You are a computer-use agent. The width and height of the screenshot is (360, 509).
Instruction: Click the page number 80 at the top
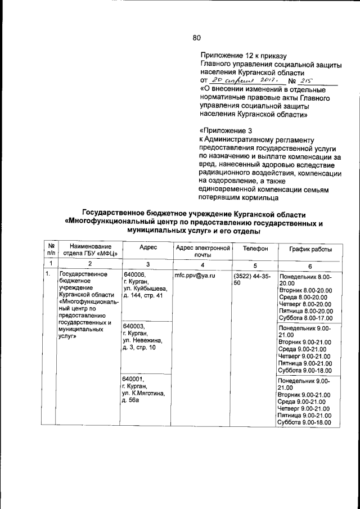(196, 38)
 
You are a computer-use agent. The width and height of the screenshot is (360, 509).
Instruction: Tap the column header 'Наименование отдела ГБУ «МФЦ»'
(87, 250)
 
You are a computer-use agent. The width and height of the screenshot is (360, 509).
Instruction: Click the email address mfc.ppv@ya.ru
(195, 276)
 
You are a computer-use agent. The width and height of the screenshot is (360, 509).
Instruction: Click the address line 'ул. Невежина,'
(143, 340)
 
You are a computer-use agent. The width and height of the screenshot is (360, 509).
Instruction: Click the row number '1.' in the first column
(49, 274)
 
